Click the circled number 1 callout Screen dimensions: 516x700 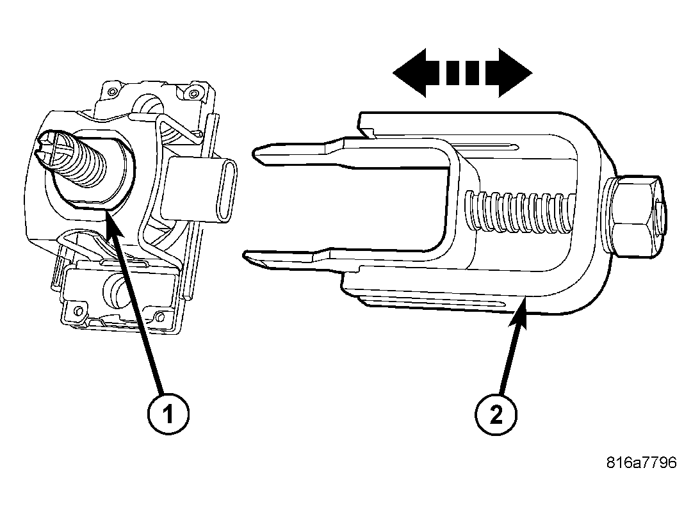point(167,415)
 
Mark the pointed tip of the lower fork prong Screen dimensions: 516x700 point(247,257)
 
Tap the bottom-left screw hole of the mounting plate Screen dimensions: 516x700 point(79,311)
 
